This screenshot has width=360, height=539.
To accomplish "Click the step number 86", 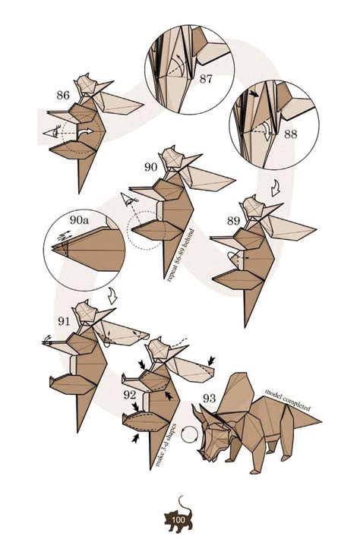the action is [x=63, y=95].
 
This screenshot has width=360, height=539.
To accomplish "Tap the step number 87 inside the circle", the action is [x=206, y=79].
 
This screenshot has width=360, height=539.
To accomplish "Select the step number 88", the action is [x=291, y=134].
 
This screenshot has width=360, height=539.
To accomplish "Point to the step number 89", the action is [x=233, y=221].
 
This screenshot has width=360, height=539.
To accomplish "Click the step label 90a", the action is [x=79, y=219].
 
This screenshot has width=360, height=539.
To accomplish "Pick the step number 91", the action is [x=64, y=321].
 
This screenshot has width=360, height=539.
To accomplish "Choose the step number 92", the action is [x=130, y=396].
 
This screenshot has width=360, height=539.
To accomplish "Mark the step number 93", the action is [x=209, y=398].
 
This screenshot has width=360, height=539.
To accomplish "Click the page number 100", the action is [x=178, y=519].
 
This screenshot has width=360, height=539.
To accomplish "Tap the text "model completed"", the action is [x=287, y=400].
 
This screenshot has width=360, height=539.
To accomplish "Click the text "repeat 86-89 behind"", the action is [x=181, y=255].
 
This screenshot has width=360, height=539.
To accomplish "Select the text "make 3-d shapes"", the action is [x=166, y=445].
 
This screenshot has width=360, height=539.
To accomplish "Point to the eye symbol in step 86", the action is [x=52, y=132].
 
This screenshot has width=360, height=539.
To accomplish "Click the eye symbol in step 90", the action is [x=129, y=200].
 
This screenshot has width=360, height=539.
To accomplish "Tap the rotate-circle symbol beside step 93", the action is [x=188, y=434].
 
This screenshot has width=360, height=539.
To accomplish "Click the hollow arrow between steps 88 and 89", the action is [x=276, y=189].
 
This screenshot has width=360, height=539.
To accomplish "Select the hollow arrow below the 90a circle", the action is [x=112, y=296].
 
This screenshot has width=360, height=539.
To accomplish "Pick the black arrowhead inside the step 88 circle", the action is [x=254, y=93].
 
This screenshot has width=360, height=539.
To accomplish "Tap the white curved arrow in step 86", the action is [x=85, y=132].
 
